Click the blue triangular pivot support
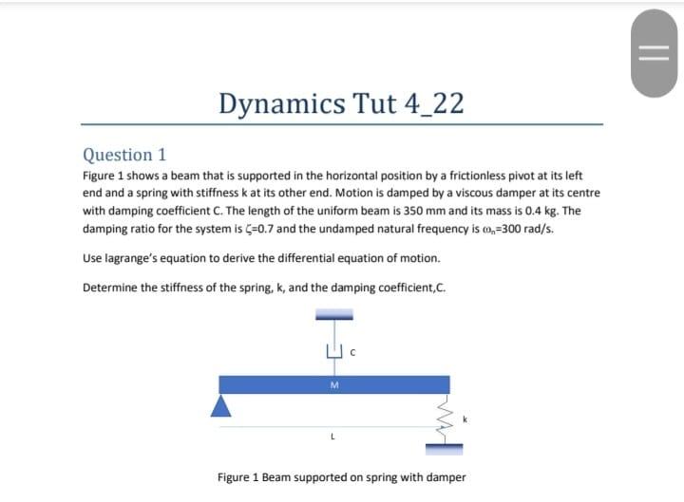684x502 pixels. point(221,405)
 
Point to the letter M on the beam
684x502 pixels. point(333,384)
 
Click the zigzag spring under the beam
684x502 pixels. point(438,420)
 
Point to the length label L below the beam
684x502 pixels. point(332,437)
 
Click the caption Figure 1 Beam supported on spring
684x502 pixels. point(341,476)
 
